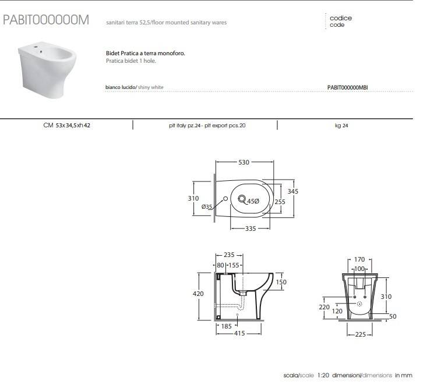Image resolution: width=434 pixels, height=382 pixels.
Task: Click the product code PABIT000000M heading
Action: (x=46, y=20)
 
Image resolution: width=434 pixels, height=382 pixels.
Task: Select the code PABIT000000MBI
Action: (x=348, y=87)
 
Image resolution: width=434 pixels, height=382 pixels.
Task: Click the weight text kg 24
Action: (x=341, y=125)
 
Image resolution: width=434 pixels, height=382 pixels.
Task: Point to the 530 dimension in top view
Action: (x=245, y=162)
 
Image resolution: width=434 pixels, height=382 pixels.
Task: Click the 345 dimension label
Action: (x=293, y=191)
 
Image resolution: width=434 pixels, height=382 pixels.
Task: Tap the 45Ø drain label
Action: (x=253, y=201)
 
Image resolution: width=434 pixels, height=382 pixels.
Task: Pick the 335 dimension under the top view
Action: (x=250, y=229)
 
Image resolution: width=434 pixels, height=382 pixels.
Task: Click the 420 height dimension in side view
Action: (x=198, y=294)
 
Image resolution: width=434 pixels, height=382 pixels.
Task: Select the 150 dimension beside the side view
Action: (x=281, y=282)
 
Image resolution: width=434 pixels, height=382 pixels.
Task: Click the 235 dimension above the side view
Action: (x=229, y=255)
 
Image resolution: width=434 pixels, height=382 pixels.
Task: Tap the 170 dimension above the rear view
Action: (x=359, y=260)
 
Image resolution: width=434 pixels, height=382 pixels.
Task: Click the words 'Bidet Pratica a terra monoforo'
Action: (x=145, y=53)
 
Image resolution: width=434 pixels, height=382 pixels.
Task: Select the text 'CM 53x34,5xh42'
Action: (x=66, y=125)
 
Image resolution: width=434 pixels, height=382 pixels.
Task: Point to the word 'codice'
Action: (x=340, y=18)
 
